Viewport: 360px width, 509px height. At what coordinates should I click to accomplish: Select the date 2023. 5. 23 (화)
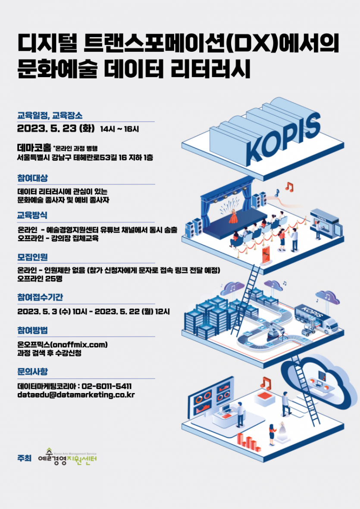tap(56, 128)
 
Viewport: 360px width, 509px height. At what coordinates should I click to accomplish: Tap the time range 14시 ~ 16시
tap(119, 129)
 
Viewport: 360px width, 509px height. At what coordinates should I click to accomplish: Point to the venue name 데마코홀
tap(34, 148)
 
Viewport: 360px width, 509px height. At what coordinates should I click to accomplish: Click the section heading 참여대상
tap(32, 178)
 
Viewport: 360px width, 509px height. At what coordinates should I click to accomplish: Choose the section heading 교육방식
tap(32, 215)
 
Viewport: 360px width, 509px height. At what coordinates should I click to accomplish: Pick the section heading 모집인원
tap(32, 257)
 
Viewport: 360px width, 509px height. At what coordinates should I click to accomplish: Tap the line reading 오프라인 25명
tap(40, 279)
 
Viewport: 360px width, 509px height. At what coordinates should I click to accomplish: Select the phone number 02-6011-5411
tap(106, 386)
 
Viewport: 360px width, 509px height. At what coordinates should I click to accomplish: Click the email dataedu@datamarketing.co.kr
tap(76, 395)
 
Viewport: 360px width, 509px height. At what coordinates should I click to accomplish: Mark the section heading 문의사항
tap(32, 372)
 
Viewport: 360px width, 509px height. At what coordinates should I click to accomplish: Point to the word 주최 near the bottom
tap(24, 458)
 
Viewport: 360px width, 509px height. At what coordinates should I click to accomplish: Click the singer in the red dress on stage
tap(233, 216)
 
